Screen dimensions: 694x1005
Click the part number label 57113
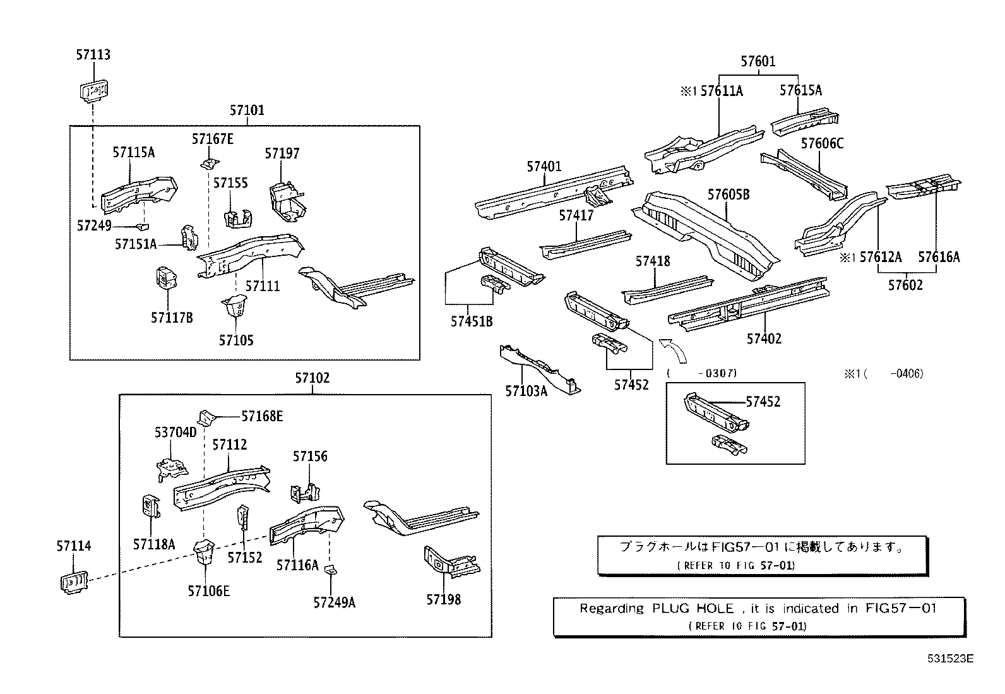(x=93, y=55)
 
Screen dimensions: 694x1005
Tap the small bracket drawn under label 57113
(x=94, y=90)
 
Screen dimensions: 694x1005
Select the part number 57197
(x=282, y=153)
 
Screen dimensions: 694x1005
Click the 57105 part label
(x=236, y=340)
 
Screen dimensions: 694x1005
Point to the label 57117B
(x=172, y=318)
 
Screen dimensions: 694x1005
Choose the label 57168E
(x=262, y=416)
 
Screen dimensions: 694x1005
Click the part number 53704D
(x=175, y=433)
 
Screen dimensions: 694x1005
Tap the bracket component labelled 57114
(x=73, y=582)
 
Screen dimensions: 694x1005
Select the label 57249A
(x=334, y=602)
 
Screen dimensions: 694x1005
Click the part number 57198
(x=443, y=600)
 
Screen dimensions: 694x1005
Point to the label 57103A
(x=526, y=391)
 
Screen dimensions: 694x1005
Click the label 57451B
(x=472, y=321)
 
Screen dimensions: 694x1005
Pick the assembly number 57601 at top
(x=758, y=61)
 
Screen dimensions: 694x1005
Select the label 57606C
(x=822, y=144)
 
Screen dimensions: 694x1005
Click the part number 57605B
(x=728, y=194)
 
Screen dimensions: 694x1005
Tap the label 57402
(x=764, y=339)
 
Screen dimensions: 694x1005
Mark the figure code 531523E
(x=950, y=658)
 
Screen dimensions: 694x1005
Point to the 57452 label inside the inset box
(x=763, y=402)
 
